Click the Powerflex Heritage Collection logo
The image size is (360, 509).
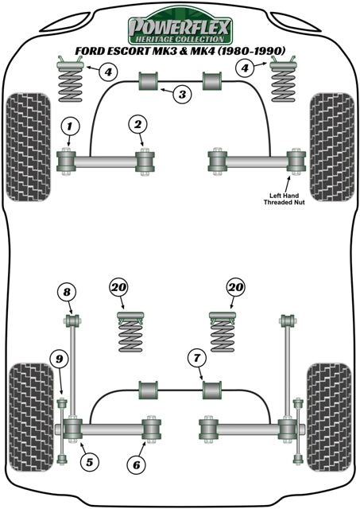pyautogui.click(x=180, y=26)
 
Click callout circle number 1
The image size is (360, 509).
pyautogui.click(x=69, y=125)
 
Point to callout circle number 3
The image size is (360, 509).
pyautogui.click(x=183, y=95)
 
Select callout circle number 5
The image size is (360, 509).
pyautogui.click(x=88, y=460)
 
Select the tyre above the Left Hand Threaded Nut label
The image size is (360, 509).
pyautogui.click(x=331, y=141)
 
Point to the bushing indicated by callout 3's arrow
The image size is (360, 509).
pyautogui.click(x=149, y=81)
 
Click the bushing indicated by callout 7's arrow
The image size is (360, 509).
pyautogui.click(x=212, y=390)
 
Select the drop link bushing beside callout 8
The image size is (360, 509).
pyautogui.click(x=70, y=321)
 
